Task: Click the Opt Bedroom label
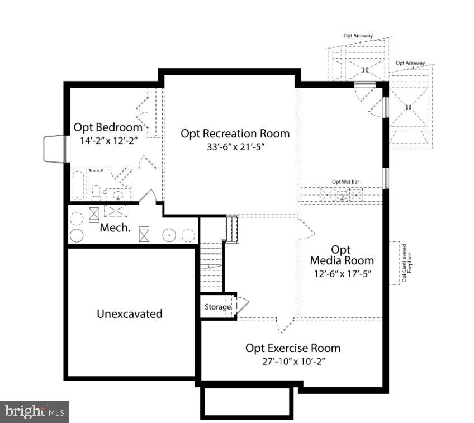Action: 108,127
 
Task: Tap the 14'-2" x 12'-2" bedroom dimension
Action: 109,141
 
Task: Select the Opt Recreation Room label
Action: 235,134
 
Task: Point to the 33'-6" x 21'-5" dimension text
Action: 235,147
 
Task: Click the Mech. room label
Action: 115,228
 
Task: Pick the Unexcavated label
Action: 129,314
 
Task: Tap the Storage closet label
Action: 217,307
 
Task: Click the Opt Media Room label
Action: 342,255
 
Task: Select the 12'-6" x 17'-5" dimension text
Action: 342,274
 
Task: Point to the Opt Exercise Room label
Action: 293,348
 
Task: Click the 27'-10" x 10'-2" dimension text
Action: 293,362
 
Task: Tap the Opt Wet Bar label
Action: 345,182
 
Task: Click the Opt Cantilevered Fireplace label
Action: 407,263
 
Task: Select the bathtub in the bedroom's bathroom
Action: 78,185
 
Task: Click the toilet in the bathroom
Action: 96,193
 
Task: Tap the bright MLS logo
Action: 35,411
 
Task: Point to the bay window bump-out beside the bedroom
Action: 54,149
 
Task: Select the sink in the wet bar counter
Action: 342,195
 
